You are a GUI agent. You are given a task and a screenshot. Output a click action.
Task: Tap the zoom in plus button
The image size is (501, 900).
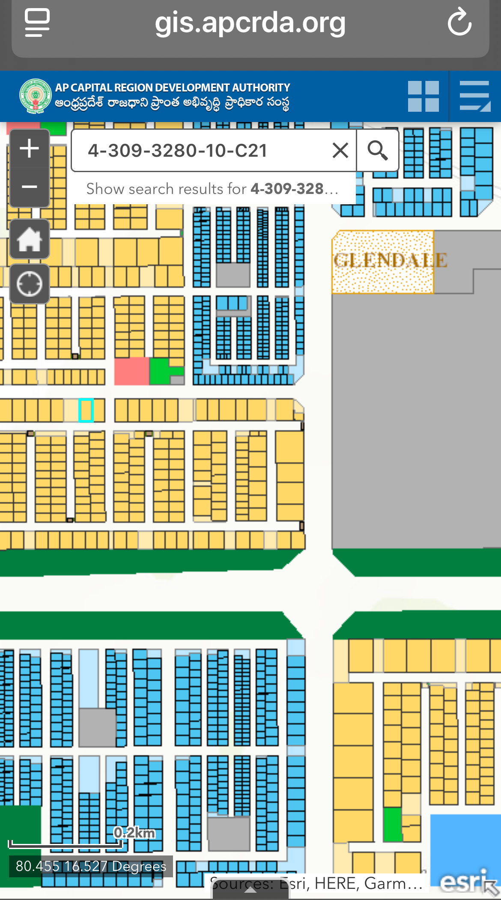[x=30, y=149]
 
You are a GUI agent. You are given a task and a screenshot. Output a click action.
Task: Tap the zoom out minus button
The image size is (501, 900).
[x=30, y=187]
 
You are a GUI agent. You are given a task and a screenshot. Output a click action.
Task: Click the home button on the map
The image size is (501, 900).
[x=30, y=239]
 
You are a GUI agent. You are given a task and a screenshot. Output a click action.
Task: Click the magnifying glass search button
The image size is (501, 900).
[x=377, y=151]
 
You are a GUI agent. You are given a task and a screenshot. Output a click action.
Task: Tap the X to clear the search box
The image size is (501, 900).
[x=340, y=151]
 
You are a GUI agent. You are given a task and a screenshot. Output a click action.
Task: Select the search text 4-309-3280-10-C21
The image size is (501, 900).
[x=177, y=151]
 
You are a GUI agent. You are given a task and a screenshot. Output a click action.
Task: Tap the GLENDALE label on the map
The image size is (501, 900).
[x=390, y=260]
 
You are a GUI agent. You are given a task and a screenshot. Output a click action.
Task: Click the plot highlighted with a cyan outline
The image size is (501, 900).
[x=86, y=410]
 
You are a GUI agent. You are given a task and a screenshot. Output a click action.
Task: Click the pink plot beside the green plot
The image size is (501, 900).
[x=131, y=371]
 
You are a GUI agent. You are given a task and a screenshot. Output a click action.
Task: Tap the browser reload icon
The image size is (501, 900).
[x=459, y=22]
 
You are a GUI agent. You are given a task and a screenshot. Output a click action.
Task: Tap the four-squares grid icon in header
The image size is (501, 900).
[x=423, y=96]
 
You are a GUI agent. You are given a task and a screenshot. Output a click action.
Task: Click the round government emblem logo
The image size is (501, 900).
[x=36, y=96]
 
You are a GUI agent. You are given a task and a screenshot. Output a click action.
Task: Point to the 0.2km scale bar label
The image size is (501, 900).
[x=134, y=833]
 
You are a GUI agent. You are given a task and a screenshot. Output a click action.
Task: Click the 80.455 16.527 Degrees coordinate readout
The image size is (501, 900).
[x=91, y=866]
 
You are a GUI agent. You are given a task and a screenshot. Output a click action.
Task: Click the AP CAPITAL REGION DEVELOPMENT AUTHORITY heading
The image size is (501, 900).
[x=173, y=88]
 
